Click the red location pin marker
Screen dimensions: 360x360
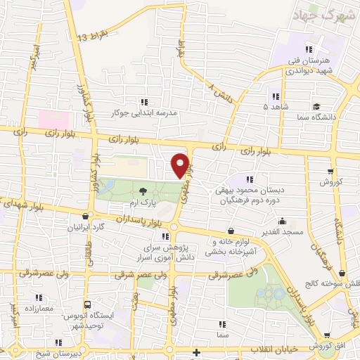pos(181,165)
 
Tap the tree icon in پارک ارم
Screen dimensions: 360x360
pos(143,190)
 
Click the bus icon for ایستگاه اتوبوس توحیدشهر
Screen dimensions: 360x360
pos(87,305)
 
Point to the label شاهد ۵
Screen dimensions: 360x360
pos(276,107)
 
